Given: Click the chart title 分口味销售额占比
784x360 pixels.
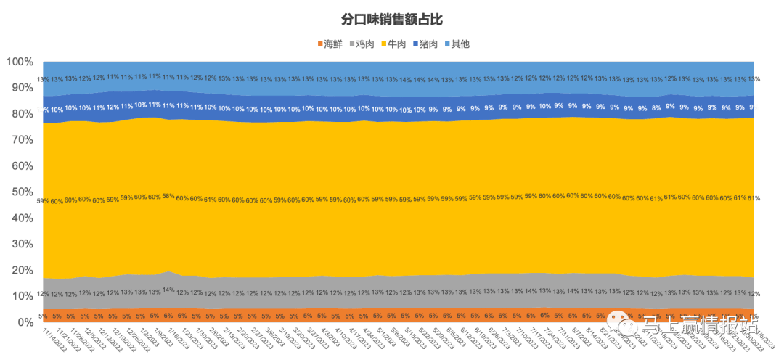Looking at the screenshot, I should [x=391, y=19].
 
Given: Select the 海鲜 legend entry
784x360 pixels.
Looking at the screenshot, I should [x=330, y=44].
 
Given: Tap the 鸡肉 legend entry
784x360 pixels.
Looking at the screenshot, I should [x=362, y=44].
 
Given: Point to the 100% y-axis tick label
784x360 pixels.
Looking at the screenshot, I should [x=20, y=62].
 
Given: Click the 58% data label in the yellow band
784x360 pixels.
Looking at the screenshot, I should [x=168, y=196].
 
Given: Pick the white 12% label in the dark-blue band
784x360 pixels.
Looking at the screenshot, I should [x=113, y=107].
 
